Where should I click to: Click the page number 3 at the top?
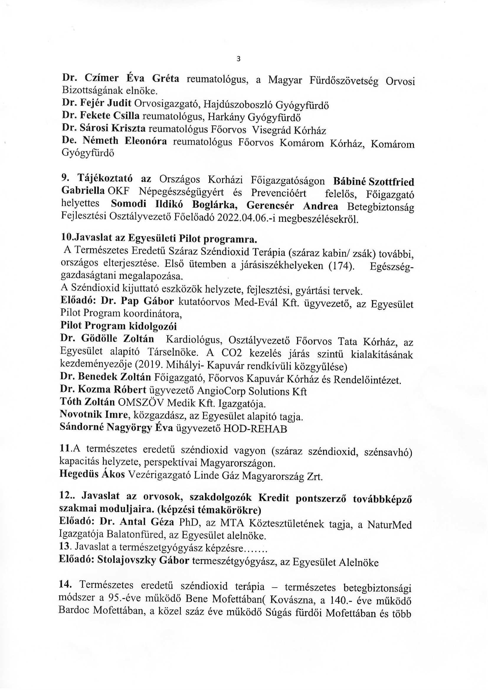[239, 59]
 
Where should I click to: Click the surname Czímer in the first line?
[101, 78]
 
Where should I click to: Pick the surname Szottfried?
[391, 182]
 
